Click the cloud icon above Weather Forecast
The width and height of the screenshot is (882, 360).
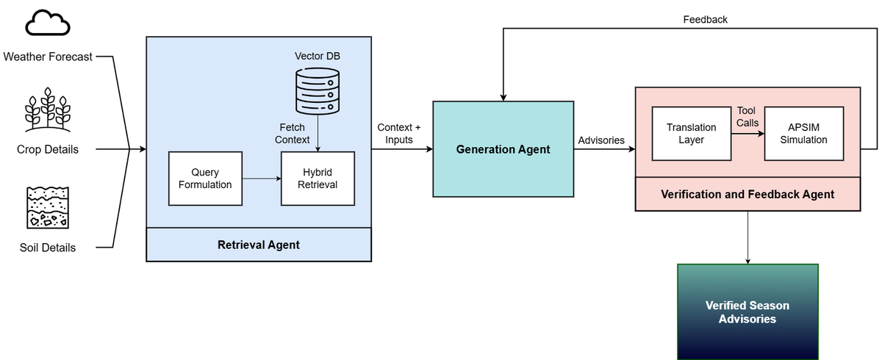coord(48,23)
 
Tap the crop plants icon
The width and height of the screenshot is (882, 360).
coord(48,109)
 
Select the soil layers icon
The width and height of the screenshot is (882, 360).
coord(48,207)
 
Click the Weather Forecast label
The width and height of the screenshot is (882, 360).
coord(48,57)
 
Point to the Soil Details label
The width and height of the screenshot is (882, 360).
coord(48,248)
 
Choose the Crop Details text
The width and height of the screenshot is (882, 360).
coord(48,149)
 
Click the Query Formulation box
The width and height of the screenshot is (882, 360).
coord(205,179)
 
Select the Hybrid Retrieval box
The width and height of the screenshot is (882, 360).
coord(318,179)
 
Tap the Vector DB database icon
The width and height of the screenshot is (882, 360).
coord(318,91)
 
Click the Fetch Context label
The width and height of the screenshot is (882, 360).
coord(293,134)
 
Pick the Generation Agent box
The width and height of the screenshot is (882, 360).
coord(503,149)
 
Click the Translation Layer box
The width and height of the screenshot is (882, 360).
coord(692,134)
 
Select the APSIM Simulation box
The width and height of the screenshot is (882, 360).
coord(803,134)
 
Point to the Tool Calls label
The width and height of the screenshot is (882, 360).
coord(747,117)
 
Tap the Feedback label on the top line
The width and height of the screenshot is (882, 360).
coord(705,20)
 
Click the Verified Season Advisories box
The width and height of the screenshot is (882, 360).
coord(747,312)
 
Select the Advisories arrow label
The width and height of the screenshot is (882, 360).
coord(601,140)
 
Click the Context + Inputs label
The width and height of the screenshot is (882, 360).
coord(399,134)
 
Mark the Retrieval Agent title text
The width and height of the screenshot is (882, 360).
coord(259,245)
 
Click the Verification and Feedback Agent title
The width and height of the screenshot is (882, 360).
coord(747,194)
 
